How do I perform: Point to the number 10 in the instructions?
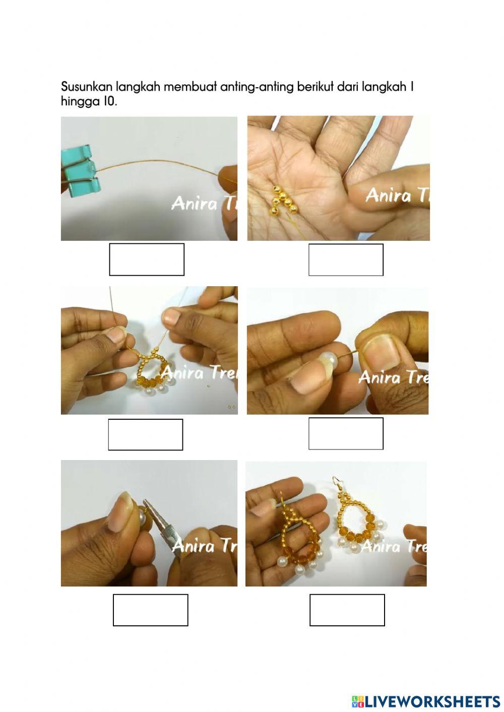(x=109, y=101)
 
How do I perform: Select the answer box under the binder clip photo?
(x=147, y=260)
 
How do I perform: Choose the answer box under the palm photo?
(x=346, y=260)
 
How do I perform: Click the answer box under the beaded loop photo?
(x=146, y=434)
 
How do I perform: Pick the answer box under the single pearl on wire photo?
(x=346, y=433)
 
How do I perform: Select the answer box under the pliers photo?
(x=150, y=610)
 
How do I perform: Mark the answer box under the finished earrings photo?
(x=347, y=610)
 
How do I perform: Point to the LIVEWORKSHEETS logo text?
(x=432, y=701)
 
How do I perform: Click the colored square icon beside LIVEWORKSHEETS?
(x=357, y=701)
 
